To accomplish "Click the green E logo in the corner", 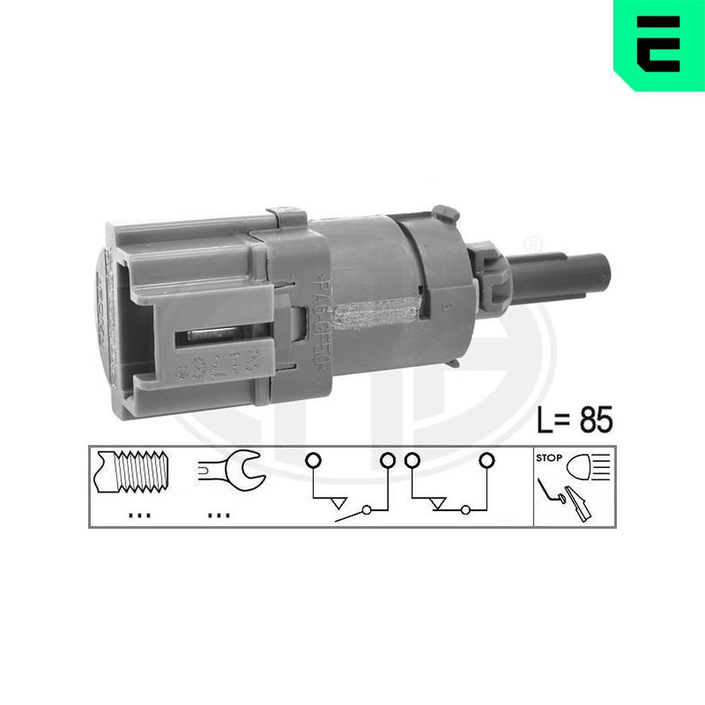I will point(658,44).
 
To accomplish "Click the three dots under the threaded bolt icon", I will point(140,515).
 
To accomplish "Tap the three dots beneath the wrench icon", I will point(219,515).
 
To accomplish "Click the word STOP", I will point(549,458).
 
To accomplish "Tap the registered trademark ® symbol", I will point(534,245).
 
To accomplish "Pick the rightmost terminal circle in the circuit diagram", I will point(486,462).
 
